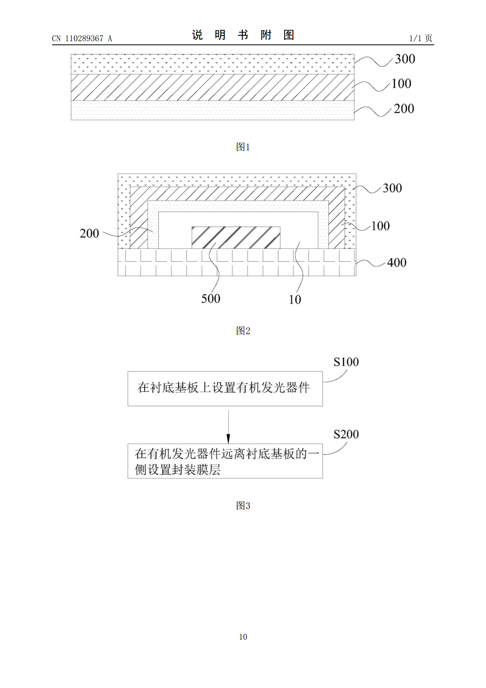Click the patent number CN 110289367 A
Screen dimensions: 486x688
click(x=82, y=38)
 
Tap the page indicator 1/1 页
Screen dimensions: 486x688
click(x=421, y=38)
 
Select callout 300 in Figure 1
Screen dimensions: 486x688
click(x=405, y=59)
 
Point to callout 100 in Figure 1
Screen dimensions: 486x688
click(x=401, y=83)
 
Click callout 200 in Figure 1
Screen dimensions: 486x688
click(x=404, y=109)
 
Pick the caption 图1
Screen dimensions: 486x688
click(x=243, y=147)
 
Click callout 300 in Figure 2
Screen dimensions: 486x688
click(x=392, y=188)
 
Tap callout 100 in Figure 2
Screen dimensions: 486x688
click(x=380, y=226)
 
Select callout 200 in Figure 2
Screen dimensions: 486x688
click(x=89, y=233)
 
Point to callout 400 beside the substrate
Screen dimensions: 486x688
click(x=397, y=263)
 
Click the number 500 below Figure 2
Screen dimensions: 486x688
click(x=211, y=299)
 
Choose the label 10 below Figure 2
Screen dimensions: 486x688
click(x=295, y=299)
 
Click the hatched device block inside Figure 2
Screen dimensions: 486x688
click(x=236, y=237)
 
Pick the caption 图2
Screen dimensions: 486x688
click(x=243, y=331)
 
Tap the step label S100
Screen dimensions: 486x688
click(x=346, y=362)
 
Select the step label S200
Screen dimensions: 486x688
click(x=346, y=434)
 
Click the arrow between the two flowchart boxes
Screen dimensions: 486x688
click(x=228, y=427)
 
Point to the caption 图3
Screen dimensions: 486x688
click(x=243, y=505)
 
